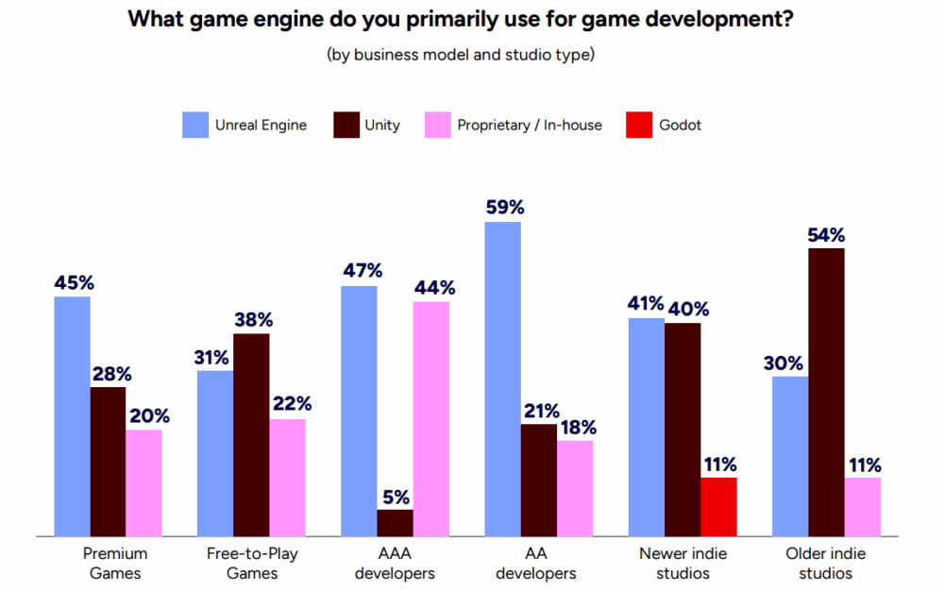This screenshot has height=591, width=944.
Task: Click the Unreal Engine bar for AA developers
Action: coord(502,379)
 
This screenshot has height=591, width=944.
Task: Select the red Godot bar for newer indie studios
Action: coord(718,507)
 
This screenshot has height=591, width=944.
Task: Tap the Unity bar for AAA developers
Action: coord(395,523)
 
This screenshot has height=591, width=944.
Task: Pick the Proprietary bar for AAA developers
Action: coord(431,418)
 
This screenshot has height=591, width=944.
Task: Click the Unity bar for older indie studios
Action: coord(826,392)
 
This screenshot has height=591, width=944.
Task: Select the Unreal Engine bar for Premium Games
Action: coord(72,416)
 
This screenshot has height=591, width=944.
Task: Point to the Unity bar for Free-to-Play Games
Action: coord(252,434)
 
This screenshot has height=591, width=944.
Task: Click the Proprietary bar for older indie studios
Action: coord(863,507)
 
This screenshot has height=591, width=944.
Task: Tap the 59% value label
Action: coord(502,207)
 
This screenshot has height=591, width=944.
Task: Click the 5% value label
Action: coord(395,496)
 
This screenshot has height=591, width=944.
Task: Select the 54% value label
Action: coord(826,234)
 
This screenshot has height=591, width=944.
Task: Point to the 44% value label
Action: coord(431,287)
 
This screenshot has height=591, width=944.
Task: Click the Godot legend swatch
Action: coord(639,125)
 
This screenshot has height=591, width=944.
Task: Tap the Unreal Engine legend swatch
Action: coord(194,125)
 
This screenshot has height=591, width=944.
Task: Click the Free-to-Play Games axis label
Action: coord(252,563)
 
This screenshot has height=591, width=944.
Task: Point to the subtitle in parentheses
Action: coord(461,55)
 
